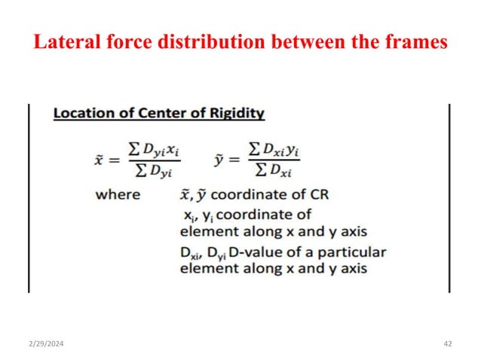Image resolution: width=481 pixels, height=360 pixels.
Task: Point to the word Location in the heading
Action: [81, 114]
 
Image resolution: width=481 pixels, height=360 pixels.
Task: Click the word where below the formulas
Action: [118, 195]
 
